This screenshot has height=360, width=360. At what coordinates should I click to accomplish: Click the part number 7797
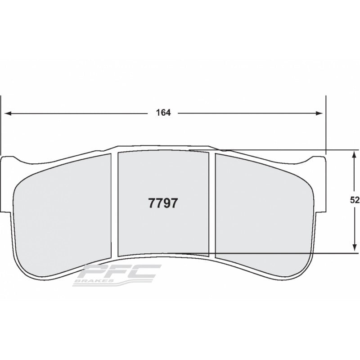(x=163, y=203)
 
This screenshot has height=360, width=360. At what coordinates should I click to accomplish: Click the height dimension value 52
(x=355, y=201)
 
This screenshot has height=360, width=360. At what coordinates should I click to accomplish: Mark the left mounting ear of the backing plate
(x=8, y=184)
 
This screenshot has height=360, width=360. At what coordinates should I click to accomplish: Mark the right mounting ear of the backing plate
(x=319, y=184)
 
